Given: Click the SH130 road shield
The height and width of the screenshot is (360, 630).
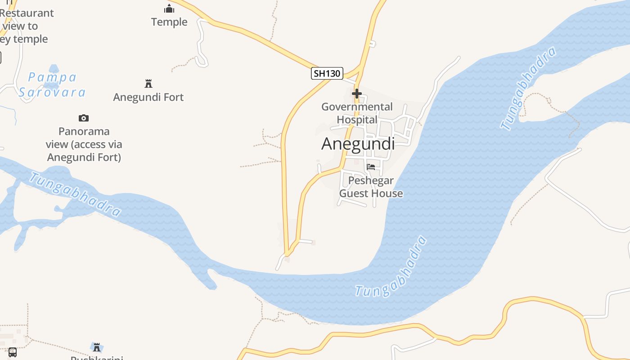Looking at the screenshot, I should coord(327,73).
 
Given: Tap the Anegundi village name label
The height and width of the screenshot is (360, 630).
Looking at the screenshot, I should coord(358,144).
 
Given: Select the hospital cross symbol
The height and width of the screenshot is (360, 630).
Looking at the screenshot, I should coord(357,94).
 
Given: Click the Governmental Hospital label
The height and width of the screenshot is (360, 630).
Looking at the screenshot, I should coord(357,113).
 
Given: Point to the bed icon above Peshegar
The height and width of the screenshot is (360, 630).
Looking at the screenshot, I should coord(371,167).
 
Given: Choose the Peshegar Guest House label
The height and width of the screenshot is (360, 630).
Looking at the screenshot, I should coord(371,187).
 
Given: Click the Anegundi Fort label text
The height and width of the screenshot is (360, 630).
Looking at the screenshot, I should coord(148,97).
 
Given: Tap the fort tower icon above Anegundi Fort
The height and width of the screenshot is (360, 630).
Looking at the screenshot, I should coord(148,84).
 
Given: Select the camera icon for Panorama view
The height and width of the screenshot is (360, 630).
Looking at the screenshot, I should coord(84,118).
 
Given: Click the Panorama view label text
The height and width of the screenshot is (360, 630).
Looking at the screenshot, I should coord(84,144).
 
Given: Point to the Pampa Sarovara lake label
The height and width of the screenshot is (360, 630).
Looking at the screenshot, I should coord(52,85).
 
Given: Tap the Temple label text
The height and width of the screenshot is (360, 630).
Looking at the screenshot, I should coord(169,22).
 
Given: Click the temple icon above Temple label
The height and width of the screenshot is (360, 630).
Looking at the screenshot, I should coord(169,9).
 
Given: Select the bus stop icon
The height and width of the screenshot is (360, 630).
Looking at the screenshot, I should coord(13,352).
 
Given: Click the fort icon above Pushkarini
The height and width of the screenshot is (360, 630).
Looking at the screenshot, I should coord(97,347).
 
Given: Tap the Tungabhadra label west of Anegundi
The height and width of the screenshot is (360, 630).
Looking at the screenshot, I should coord(75,194).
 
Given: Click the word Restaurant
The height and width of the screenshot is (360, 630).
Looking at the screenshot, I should coord(27,13).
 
